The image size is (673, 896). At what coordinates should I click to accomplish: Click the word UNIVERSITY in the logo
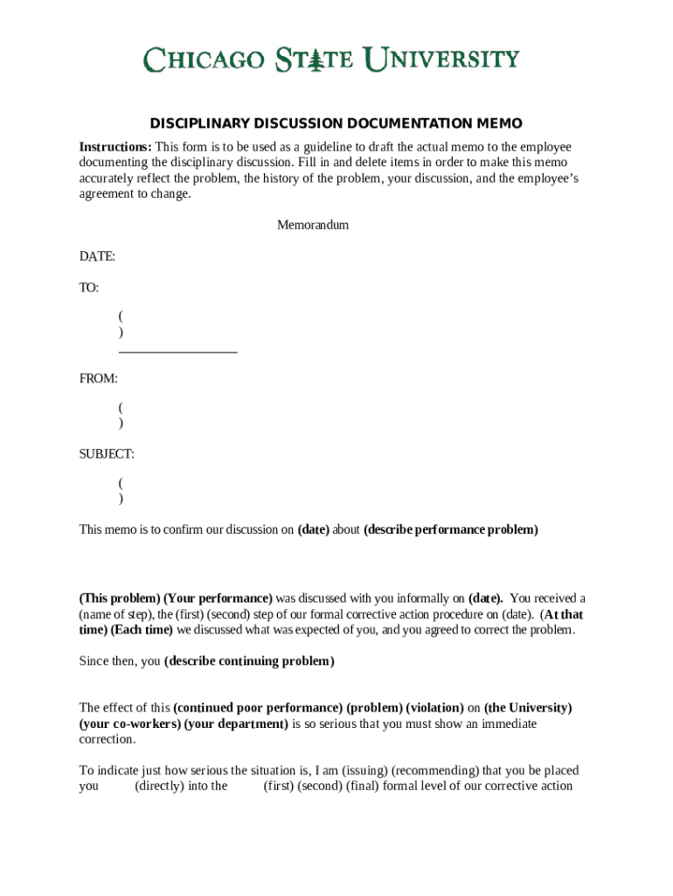coord(441,59)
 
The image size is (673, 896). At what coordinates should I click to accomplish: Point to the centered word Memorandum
coord(313,225)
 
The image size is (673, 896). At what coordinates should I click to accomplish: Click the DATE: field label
coord(97,256)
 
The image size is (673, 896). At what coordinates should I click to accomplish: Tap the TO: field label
coord(89,288)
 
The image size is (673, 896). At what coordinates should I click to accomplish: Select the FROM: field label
coord(99,379)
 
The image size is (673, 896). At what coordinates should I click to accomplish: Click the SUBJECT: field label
coord(107,454)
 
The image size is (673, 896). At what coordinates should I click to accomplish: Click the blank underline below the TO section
coord(177,352)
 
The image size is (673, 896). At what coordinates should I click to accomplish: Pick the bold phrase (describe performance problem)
coord(451,529)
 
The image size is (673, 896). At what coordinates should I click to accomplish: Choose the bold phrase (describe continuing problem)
coord(249,661)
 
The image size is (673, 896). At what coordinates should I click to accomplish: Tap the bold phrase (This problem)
coord(120,598)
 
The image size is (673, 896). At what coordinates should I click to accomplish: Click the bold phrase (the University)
coord(528,707)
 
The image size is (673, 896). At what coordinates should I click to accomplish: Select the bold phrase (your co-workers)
coord(130,724)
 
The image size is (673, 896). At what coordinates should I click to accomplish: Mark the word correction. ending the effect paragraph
coord(108,738)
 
